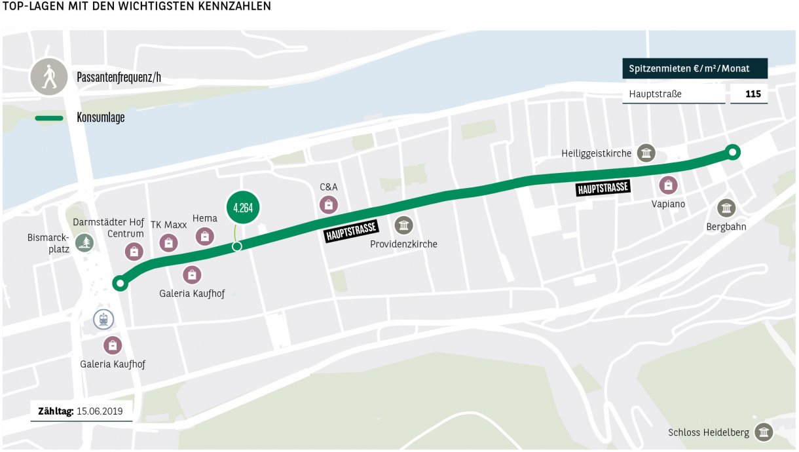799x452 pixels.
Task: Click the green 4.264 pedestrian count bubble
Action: (243, 209)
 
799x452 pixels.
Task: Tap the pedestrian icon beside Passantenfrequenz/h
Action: (48, 77)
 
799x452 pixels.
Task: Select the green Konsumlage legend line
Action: (49, 119)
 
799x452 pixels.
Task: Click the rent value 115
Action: (753, 94)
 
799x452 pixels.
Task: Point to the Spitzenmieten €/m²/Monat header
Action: (694, 68)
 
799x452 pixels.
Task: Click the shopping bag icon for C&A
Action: (329, 205)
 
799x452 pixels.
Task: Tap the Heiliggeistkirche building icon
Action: (646, 154)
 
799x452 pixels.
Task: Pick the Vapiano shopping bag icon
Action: (668, 185)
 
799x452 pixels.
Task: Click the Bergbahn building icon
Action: (726, 208)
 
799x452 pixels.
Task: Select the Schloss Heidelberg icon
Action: (764, 432)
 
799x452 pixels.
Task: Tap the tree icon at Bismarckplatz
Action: (84, 243)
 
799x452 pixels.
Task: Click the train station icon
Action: (103, 320)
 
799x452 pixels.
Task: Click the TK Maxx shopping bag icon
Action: (168, 243)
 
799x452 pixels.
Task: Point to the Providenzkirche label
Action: (403, 244)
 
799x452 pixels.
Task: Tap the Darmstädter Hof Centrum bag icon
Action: (134, 251)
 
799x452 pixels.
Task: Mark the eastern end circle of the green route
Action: (733, 153)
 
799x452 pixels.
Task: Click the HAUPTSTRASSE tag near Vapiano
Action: (603, 188)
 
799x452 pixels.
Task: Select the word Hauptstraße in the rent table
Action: (655, 94)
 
